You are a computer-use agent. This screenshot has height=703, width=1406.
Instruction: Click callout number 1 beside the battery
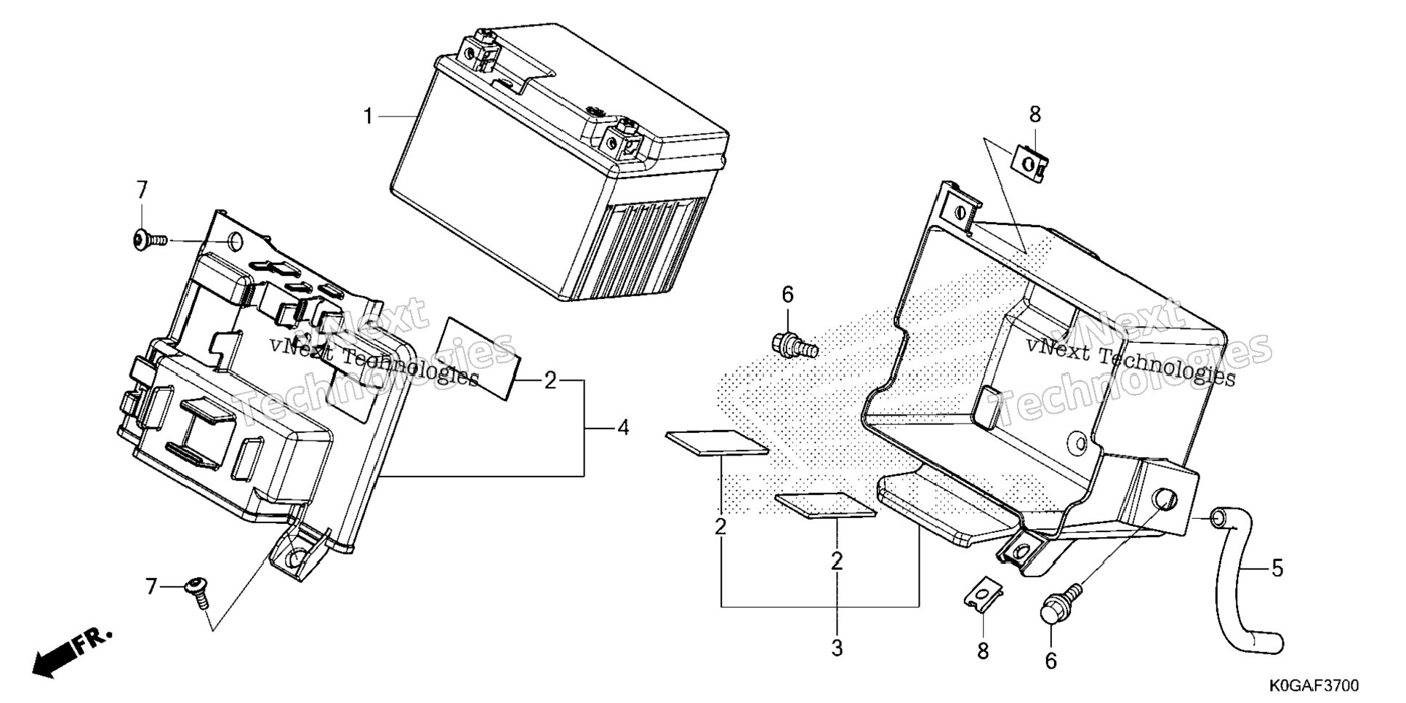369,116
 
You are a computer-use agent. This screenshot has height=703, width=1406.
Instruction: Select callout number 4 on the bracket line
623,428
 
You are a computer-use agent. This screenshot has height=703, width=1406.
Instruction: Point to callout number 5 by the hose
1277,568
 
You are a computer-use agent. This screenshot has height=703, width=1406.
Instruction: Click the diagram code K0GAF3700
1314,686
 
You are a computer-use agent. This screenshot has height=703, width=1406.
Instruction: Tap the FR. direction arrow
73,652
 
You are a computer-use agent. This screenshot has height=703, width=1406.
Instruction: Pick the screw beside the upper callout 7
150,239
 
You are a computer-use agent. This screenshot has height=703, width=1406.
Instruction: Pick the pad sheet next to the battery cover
480,357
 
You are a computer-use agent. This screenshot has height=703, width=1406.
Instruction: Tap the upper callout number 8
1035,114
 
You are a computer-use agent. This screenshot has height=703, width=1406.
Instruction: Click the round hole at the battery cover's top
236,242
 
